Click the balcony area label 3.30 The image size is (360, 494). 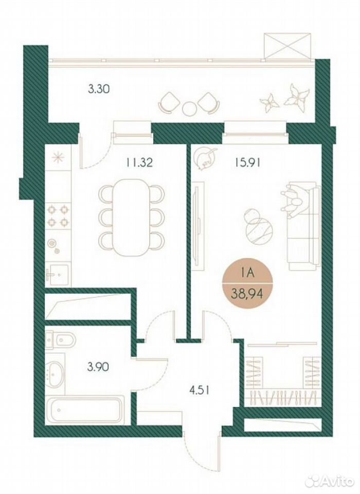[x=99, y=89]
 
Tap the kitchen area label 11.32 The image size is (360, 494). [x=139, y=163]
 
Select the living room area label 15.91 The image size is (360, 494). [x=247, y=163]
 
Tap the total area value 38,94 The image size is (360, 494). [x=247, y=295]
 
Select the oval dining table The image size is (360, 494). [x=132, y=217]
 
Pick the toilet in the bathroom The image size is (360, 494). [x=61, y=340]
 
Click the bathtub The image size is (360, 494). [x=86, y=410]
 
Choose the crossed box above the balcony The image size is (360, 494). [x=288, y=45]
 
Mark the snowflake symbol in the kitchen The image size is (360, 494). [x=59, y=157]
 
